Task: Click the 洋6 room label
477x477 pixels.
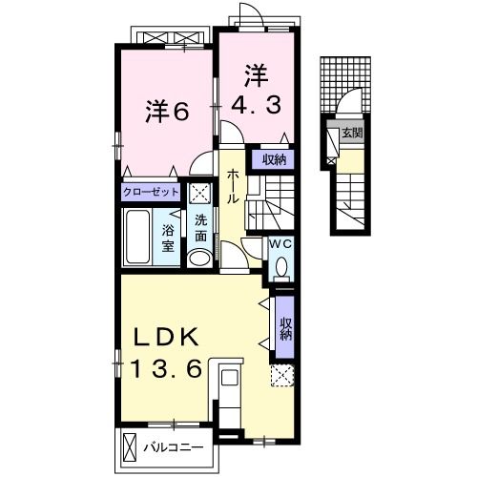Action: coord(166,112)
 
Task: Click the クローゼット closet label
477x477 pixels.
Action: coord(151,192)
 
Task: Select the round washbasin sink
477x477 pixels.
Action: coord(199,258)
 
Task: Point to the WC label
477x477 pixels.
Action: coord(280,244)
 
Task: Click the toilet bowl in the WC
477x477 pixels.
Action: coord(280,265)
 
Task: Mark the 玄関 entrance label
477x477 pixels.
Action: coord(350,132)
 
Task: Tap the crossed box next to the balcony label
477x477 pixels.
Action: coord(129,446)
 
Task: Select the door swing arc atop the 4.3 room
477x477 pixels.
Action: coord(250,12)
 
